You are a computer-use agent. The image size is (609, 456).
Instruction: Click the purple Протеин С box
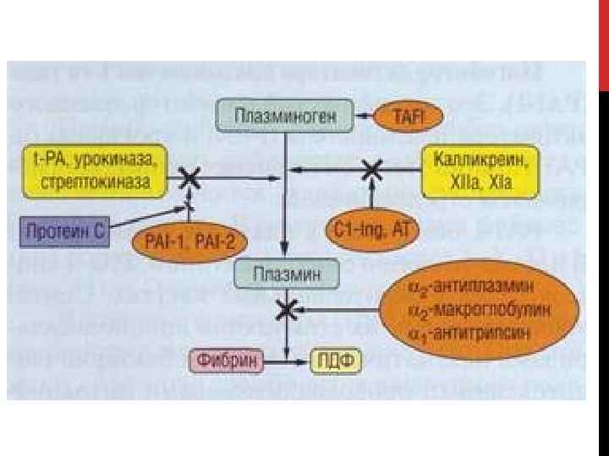[63, 230]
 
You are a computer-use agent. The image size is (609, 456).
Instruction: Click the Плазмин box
[287, 273]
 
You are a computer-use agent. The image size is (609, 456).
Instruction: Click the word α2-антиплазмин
[478, 287]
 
